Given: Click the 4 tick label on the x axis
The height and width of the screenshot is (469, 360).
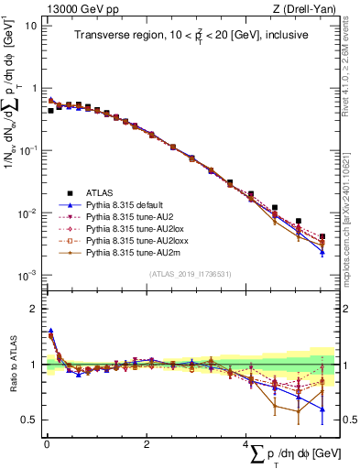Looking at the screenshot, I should [x=246, y=445].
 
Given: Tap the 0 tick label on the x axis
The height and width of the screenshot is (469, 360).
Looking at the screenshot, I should [x=46, y=445].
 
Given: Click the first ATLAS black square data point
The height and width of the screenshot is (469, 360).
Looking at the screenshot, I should [x=50, y=110].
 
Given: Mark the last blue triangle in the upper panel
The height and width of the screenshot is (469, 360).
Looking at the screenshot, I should [x=322, y=252].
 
